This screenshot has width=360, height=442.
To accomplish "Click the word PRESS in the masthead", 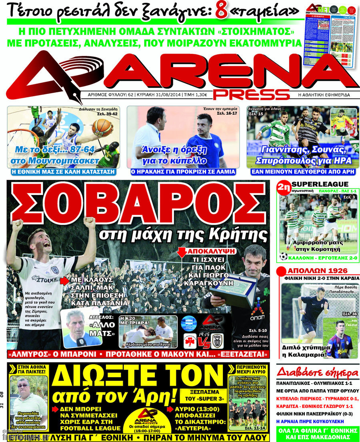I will (x=251, y=94).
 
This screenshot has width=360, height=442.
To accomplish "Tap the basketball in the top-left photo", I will (x=102, y=127).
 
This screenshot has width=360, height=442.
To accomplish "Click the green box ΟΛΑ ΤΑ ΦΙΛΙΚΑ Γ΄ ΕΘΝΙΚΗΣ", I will (x=318, y=433).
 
